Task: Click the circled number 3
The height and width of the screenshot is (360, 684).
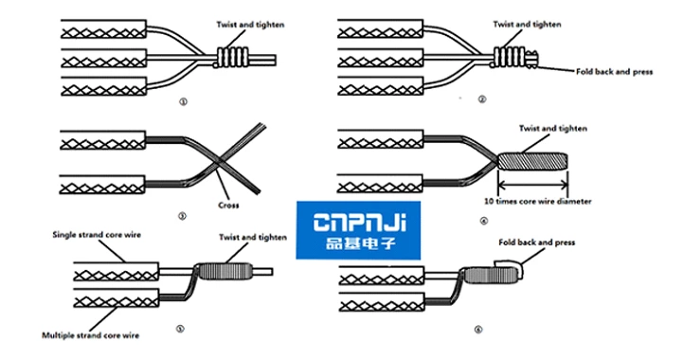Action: [x=181, y=215]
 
